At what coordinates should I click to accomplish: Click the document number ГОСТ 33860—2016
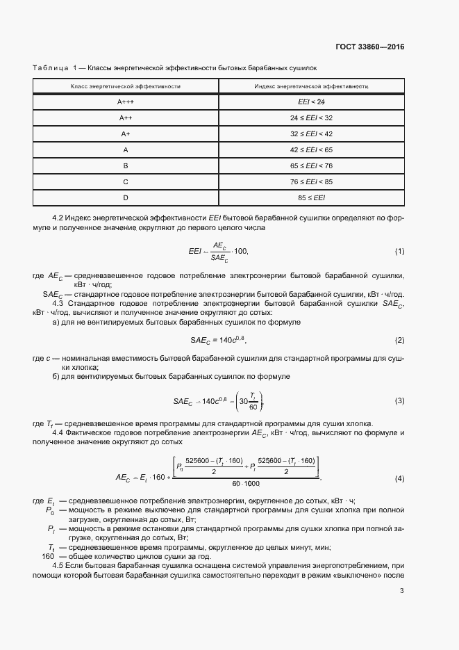click(370, 47)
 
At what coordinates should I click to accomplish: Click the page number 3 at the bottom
click(402, 591)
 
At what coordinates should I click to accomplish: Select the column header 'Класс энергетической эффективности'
click(126, 86)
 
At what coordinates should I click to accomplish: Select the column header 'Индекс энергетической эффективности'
click(311, 86)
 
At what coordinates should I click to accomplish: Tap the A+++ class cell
click(126, 101)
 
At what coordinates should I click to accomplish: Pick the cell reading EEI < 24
click(311, 101)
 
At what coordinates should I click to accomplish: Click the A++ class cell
click(126, 117)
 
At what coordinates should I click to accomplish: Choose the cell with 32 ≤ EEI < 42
click(311, 133)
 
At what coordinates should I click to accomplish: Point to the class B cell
click(126, 166)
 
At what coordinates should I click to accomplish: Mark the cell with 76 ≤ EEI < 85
click(311, 182)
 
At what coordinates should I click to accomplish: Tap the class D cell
click(126, 198)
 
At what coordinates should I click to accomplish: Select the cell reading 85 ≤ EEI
click(311, 198)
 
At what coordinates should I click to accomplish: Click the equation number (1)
click(399, 250)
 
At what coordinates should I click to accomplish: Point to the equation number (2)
click(399, 340)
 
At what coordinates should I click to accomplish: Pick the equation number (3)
click(399, 401)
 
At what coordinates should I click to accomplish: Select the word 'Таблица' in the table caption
click(50, 67)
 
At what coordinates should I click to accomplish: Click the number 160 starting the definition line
click(48, 556)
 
